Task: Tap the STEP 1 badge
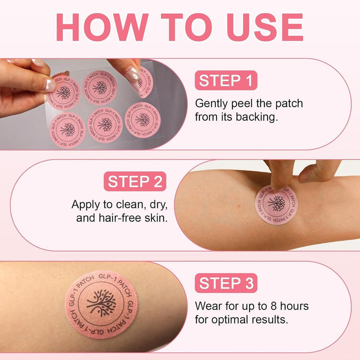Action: (x=226, y=80)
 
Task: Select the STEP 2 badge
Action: (x=134, y=181)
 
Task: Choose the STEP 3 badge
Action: (x=226, y=283)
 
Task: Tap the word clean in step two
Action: (x=128, y=204)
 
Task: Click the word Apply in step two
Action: (x=85, y=204)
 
